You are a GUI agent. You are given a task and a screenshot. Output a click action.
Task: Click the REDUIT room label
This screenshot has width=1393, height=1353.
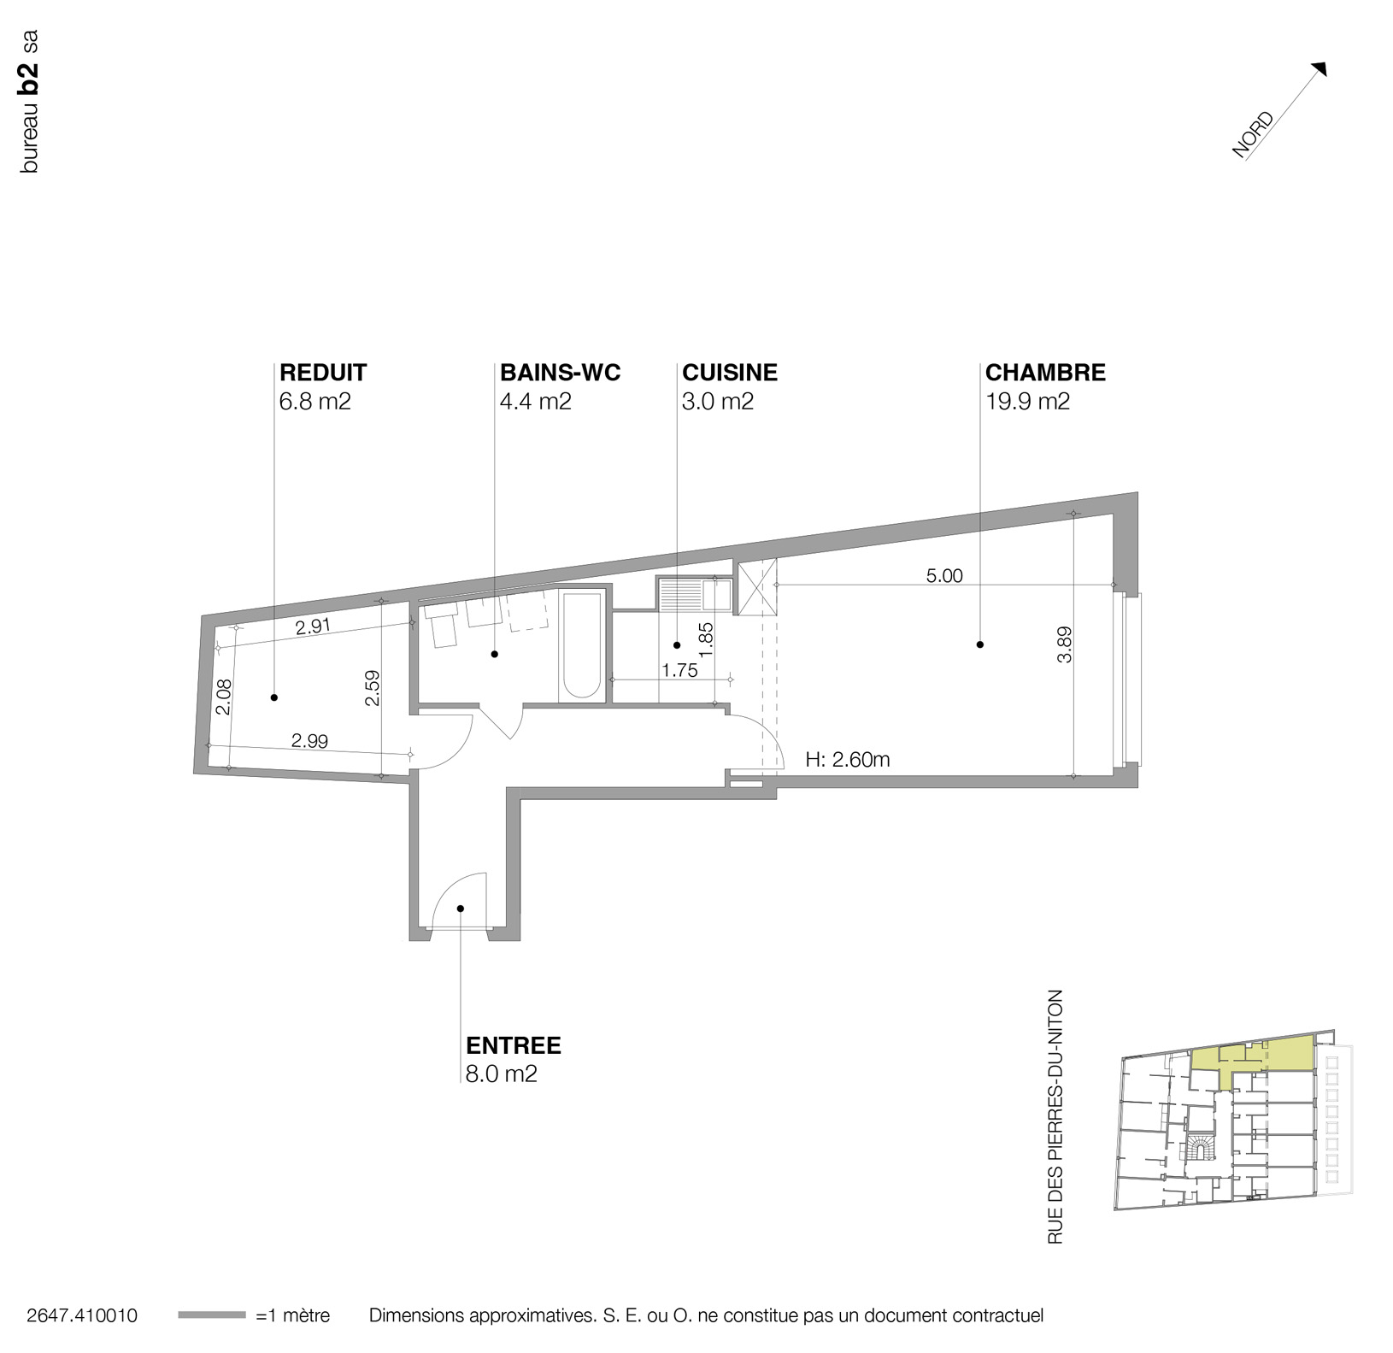click(323, 373)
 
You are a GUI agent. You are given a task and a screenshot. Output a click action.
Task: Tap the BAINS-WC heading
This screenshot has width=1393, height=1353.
click(560, 373)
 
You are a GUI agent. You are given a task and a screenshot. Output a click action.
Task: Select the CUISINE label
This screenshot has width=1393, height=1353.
click(729, 373)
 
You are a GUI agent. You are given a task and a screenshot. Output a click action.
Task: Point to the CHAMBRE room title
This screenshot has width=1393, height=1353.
click(1044, 373)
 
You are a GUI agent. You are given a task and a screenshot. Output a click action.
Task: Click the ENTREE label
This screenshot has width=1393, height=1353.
click(513, 1045)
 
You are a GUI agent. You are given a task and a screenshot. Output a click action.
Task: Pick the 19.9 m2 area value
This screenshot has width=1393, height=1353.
click(1027, 401)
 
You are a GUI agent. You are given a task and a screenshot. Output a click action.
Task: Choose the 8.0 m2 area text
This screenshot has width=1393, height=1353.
click(501, 1074)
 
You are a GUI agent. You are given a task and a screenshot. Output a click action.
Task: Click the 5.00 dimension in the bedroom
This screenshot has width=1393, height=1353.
click(943, 576)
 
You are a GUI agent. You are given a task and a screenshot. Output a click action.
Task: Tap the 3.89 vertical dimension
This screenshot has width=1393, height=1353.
click(1064, 644)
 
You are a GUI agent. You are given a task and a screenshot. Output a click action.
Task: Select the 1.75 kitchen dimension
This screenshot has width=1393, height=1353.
click(679, 671)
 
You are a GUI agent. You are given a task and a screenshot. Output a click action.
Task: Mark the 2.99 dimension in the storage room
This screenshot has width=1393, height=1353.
click(309, 741)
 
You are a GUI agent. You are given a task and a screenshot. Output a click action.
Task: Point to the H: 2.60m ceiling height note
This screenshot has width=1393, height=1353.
click(847, 759)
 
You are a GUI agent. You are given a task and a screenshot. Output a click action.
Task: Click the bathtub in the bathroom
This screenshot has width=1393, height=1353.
click(582, 645)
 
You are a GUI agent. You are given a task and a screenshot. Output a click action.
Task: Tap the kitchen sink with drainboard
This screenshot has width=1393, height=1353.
click(693, 594)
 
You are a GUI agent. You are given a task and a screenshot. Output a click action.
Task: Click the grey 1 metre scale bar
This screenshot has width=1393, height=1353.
click(211, 1315)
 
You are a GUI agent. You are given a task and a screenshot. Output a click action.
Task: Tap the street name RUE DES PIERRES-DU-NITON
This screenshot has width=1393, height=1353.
click(1055, 1116)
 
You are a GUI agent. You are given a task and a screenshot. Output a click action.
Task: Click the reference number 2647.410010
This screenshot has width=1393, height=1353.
click(82, 1315)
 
